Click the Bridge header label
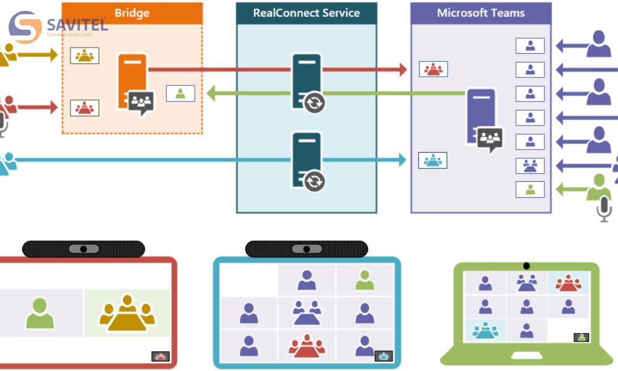point(132,12)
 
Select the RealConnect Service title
point(307,13)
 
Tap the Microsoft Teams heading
point(481,13)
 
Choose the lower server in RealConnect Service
point(307,158)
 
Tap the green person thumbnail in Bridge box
point(180,93)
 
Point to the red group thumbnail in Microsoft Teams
point(433,69)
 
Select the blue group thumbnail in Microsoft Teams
point(433,160)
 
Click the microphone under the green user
point(604,210)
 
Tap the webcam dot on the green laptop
point(526,266)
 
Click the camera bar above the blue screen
point(307,249)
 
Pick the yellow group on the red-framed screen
point(127,312)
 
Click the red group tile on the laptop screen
point(568,283)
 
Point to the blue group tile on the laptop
point(485,329)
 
